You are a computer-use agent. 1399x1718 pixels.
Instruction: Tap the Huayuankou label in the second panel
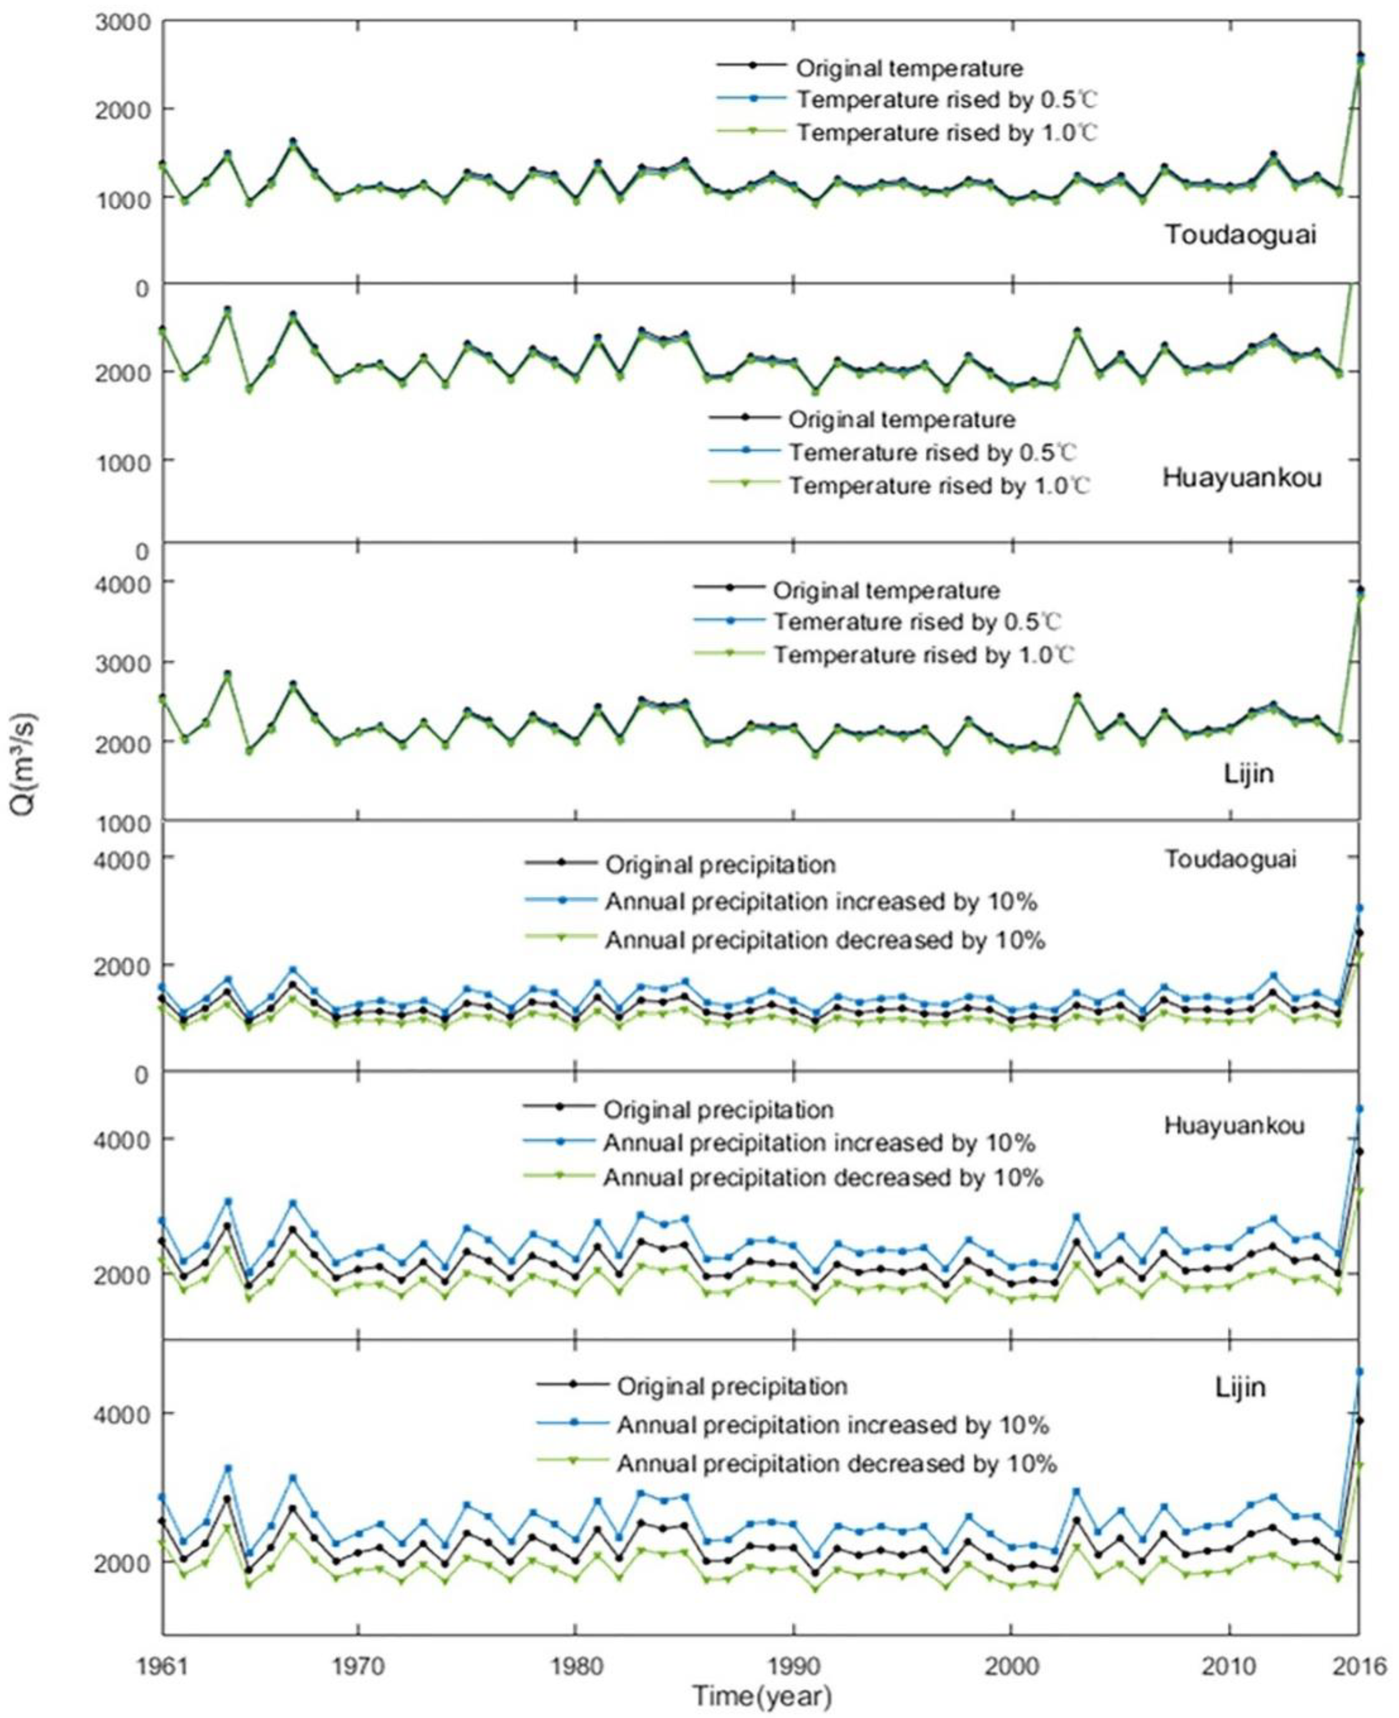tap(1242, 478)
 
